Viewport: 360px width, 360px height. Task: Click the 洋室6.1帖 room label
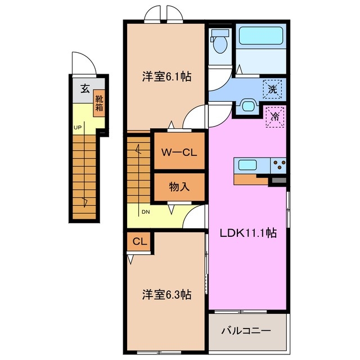coord(166,77)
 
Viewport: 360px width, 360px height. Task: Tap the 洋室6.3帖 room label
coord(166,294)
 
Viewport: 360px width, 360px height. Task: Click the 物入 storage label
coord(179,187)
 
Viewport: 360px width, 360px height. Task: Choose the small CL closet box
coord(139,242)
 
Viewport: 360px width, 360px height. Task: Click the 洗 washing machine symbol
coord(273,88)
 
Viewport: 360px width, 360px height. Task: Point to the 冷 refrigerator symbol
coord(275,117)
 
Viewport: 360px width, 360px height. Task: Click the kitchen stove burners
coord(278,165)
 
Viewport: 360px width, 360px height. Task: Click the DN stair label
coord(145,211)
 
